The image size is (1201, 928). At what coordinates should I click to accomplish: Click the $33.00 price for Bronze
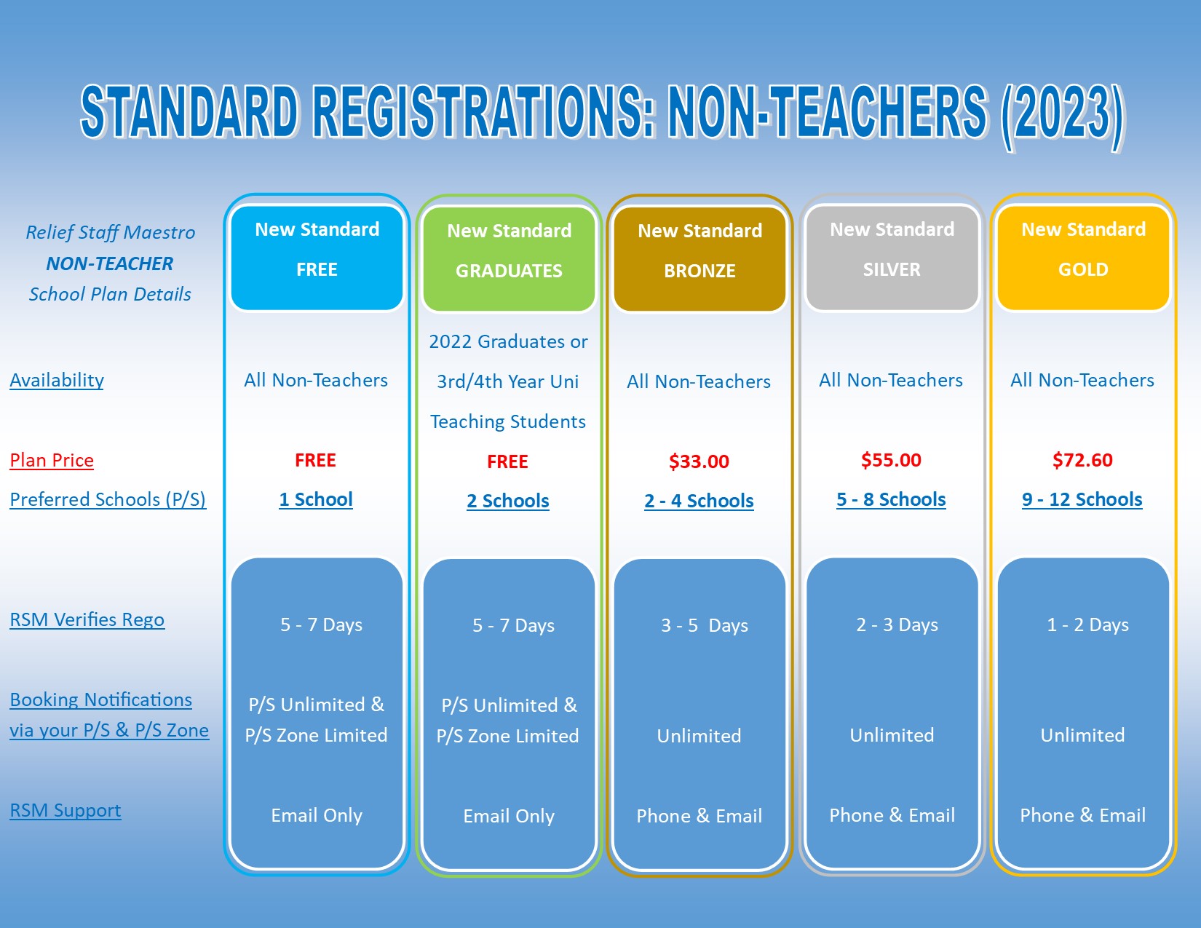point(699,461)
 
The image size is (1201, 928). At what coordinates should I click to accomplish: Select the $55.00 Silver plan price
point(891,460)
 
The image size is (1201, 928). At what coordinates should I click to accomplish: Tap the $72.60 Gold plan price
point(1082,460)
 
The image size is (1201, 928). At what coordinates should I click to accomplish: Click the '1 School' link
point(316,499)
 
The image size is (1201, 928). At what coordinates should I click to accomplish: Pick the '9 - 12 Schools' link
point(1082,499)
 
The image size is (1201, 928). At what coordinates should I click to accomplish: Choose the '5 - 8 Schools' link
point(891,499)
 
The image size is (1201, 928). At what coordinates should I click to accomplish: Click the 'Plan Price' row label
point(52,460)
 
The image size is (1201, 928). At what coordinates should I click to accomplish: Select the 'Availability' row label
point(57,380)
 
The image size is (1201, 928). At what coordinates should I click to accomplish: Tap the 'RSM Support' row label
point(66,810)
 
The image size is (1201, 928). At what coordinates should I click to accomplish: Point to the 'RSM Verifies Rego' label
point(87,619)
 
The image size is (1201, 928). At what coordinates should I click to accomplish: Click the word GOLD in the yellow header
point(1083,269)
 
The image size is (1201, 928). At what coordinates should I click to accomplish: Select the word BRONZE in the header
point(699,271)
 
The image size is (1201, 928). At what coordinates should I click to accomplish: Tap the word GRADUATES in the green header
point(509,271)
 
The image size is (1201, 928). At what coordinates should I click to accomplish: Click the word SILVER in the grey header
point(892,269)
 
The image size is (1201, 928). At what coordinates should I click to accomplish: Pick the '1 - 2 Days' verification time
point(1087,624)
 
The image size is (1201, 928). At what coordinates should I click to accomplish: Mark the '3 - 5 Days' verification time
point(705,625)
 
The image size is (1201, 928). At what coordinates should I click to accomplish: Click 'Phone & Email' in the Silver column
point(892,814)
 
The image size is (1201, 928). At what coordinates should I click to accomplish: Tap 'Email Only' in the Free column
point(317,814)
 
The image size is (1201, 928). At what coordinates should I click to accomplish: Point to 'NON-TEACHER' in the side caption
point(109,263)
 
